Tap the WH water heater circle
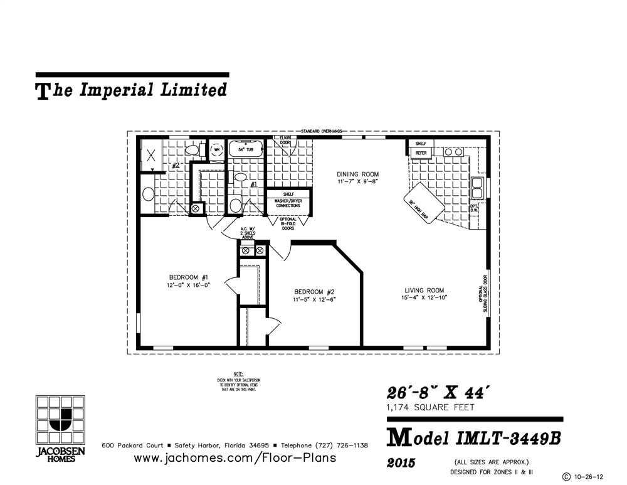tap(217, 149)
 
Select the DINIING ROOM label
tap(358, 174)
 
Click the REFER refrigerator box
tap(421, 152)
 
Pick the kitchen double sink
tap(478, 187)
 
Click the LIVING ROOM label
tap(424, 290)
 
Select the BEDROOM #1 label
tap(183, 277)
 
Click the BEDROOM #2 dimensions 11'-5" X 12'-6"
tap(315, 300)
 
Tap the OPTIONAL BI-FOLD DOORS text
tap(288, 224)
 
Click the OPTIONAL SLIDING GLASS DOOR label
tap(483, 295)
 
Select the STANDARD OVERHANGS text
tap(321, 131)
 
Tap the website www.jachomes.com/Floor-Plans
tap(235, 457)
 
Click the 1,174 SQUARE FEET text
tap(430, 408)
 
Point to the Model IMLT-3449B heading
tap(474, 438)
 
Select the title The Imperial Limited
tap(132, 90)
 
